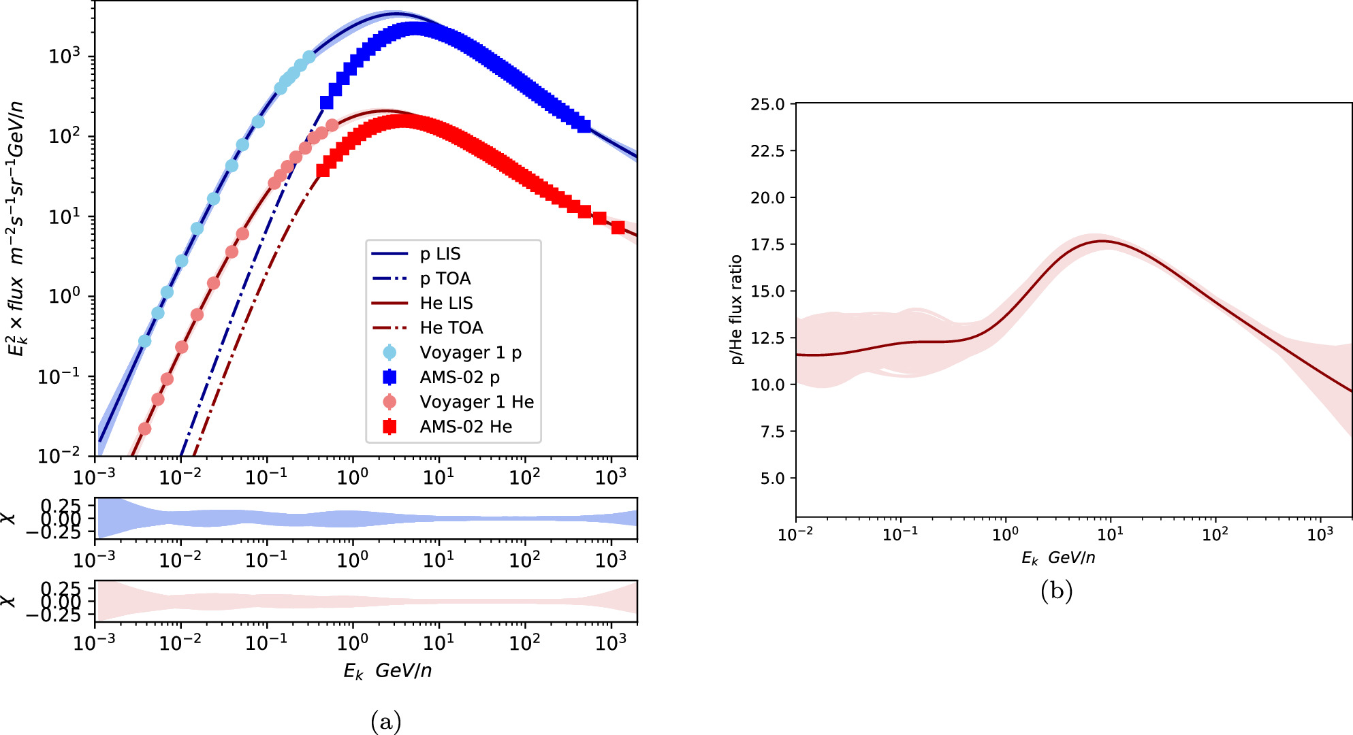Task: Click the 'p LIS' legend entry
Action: (x=440, y=254)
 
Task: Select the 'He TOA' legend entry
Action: (x=451, y=328)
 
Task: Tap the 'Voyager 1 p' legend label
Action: (x=470, y=353)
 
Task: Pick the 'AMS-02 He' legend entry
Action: (x=466, y=427)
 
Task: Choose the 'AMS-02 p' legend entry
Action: (x=460, y=377)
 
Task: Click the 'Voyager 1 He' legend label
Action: (x=476, y=402)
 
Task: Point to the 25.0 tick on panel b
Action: (x=767, y=104)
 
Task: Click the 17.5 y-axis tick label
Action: (x=767, y=244)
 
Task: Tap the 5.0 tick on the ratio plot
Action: (x=772, y=478)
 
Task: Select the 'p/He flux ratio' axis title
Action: (x=736, y=310)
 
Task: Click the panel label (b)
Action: (x=1056, y=590)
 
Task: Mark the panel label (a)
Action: (x=386, y=721)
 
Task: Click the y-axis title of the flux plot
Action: (x=16, y=228)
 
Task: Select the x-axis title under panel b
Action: (x=1057, y=558)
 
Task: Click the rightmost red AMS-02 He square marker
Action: (x=618, y=227)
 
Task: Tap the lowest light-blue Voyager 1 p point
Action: (x=144, y=341)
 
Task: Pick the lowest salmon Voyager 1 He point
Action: (x=144, y=429)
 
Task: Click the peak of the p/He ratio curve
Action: (x=1102, y=241)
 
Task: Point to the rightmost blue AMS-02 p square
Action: (x=584, y=126)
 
